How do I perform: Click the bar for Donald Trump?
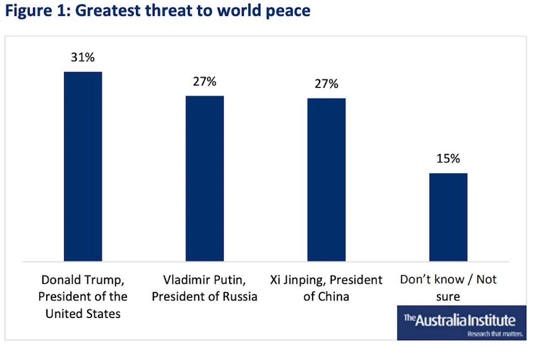click(x=83, y=167)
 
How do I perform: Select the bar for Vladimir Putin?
click(x=205, y=178)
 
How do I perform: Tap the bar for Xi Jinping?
click(x=326, y=180)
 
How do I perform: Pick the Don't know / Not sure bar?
click(x=448, y=217)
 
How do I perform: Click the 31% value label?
click(x=82, y=58)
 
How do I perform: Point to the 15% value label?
click(x=448, y=159)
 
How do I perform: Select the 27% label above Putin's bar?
click(x=205, y=81)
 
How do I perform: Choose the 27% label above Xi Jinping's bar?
click(x=326, y=84)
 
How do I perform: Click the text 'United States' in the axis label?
click(x=83, y=313)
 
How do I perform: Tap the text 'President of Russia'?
click(x=205, y=296)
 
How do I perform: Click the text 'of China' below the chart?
click(x=326, y=296)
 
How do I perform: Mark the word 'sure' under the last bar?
click(x=448, y=296)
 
